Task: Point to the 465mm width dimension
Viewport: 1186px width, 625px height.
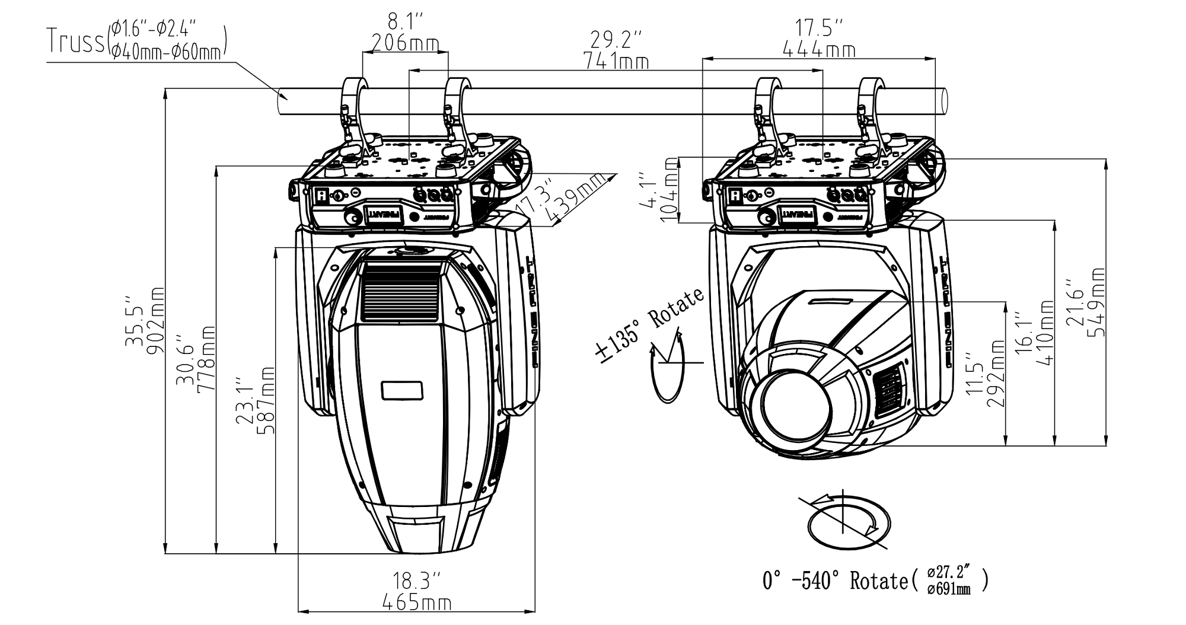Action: (x=417, y=603)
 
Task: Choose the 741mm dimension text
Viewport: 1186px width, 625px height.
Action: (x=616, y=60)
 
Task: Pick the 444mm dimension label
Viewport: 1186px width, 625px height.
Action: (x=819, y=50)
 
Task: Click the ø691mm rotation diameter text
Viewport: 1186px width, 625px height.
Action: (x=949, y=589)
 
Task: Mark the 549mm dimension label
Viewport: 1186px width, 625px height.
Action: (x=1098, y=302)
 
